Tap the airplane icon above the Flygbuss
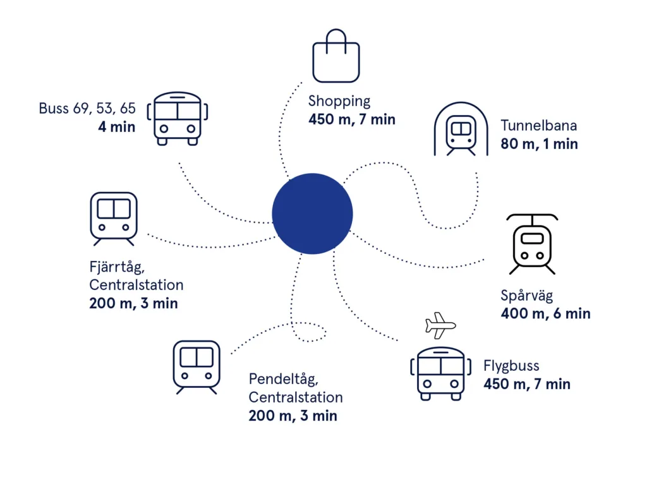pyautogui.click(x=440, y=325)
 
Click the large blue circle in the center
pyautogui.click(x=312, y=214)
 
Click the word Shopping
pyautogui.click(x=339, y=101)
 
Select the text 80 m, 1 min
pyautogui.click(x=539, y=144)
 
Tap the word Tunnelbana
pyautogui.click(x=538, y=126)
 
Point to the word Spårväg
pyautogui.click(x=526, y=296)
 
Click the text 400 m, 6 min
pyautogui.click(x=545, y=313)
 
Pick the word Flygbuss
pyautogui.click(x=511, y=366)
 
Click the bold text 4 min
pyautogui.click(x=117, y=127)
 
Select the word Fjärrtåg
pyautogui.click(x=117, y=267)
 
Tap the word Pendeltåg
pyautogui.click(x=284, y=379)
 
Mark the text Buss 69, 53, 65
pyautogui.click(x=87, y=108)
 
